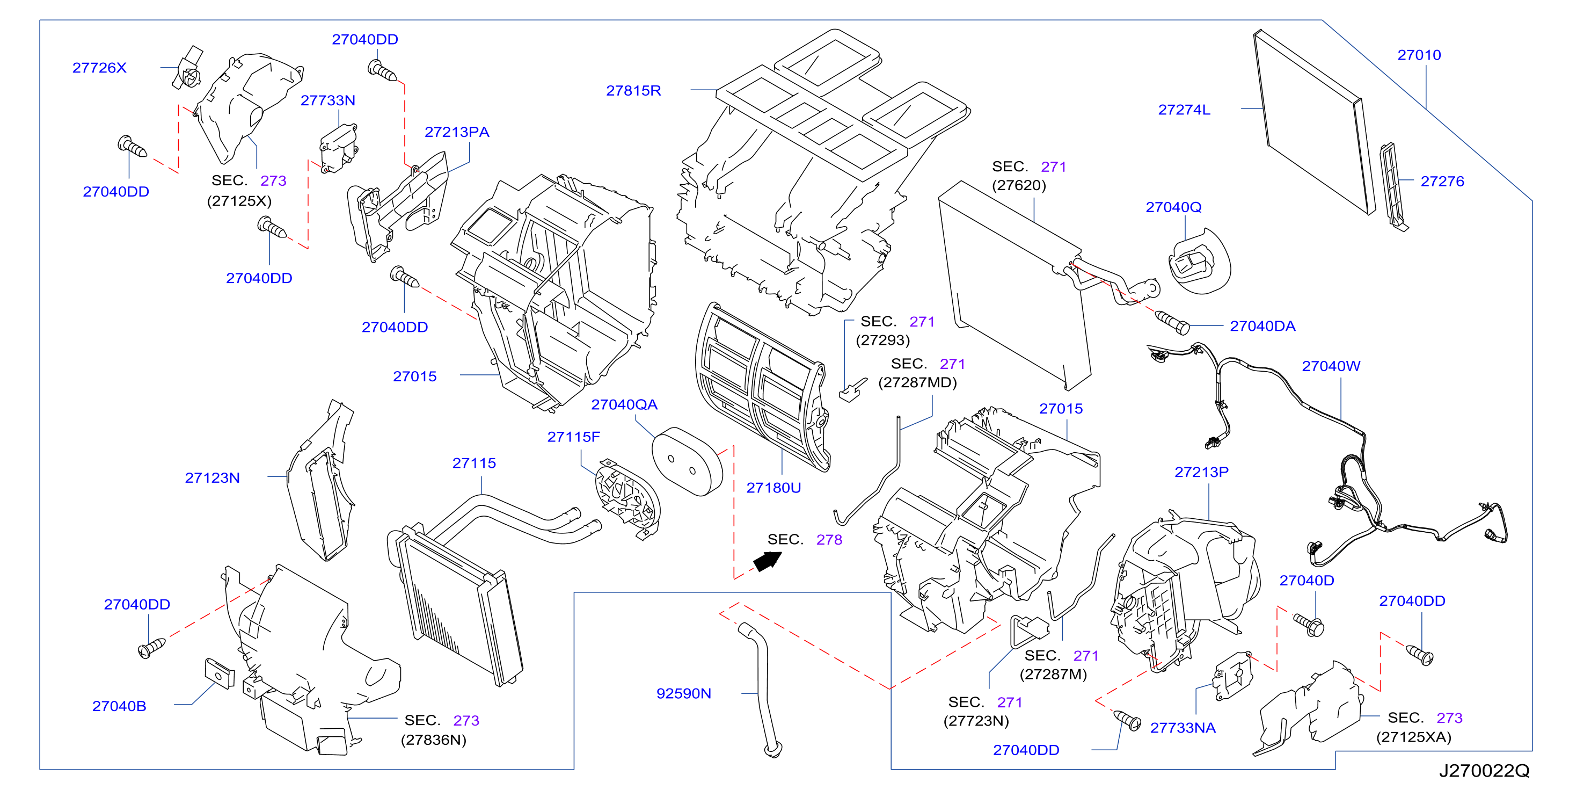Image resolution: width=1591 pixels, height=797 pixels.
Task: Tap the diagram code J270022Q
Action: [x=1484, y=771]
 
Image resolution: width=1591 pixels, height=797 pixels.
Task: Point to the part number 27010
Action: [x=1419, y=55]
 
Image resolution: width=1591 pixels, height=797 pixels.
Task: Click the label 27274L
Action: [x=1184, y=110]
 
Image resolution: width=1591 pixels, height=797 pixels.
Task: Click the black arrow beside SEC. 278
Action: [x=767, y=561]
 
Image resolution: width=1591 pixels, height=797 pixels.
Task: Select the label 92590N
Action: [x=683, y=693]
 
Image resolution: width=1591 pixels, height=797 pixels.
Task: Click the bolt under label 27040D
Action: [x=1308, y=625]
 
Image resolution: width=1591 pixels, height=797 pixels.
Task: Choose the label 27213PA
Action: [x=456, y=132]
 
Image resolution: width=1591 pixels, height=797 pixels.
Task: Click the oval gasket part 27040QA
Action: [x=687, y=461]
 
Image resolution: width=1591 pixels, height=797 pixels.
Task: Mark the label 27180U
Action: [x=773, y=488]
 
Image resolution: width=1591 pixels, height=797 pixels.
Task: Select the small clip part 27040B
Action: [x=219, y=673]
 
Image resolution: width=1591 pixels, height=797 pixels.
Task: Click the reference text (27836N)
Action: [x=433, y=740]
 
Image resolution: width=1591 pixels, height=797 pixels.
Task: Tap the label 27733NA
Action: [x=1182, y=728]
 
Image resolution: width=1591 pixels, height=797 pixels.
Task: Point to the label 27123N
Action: [x=212, y=477]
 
